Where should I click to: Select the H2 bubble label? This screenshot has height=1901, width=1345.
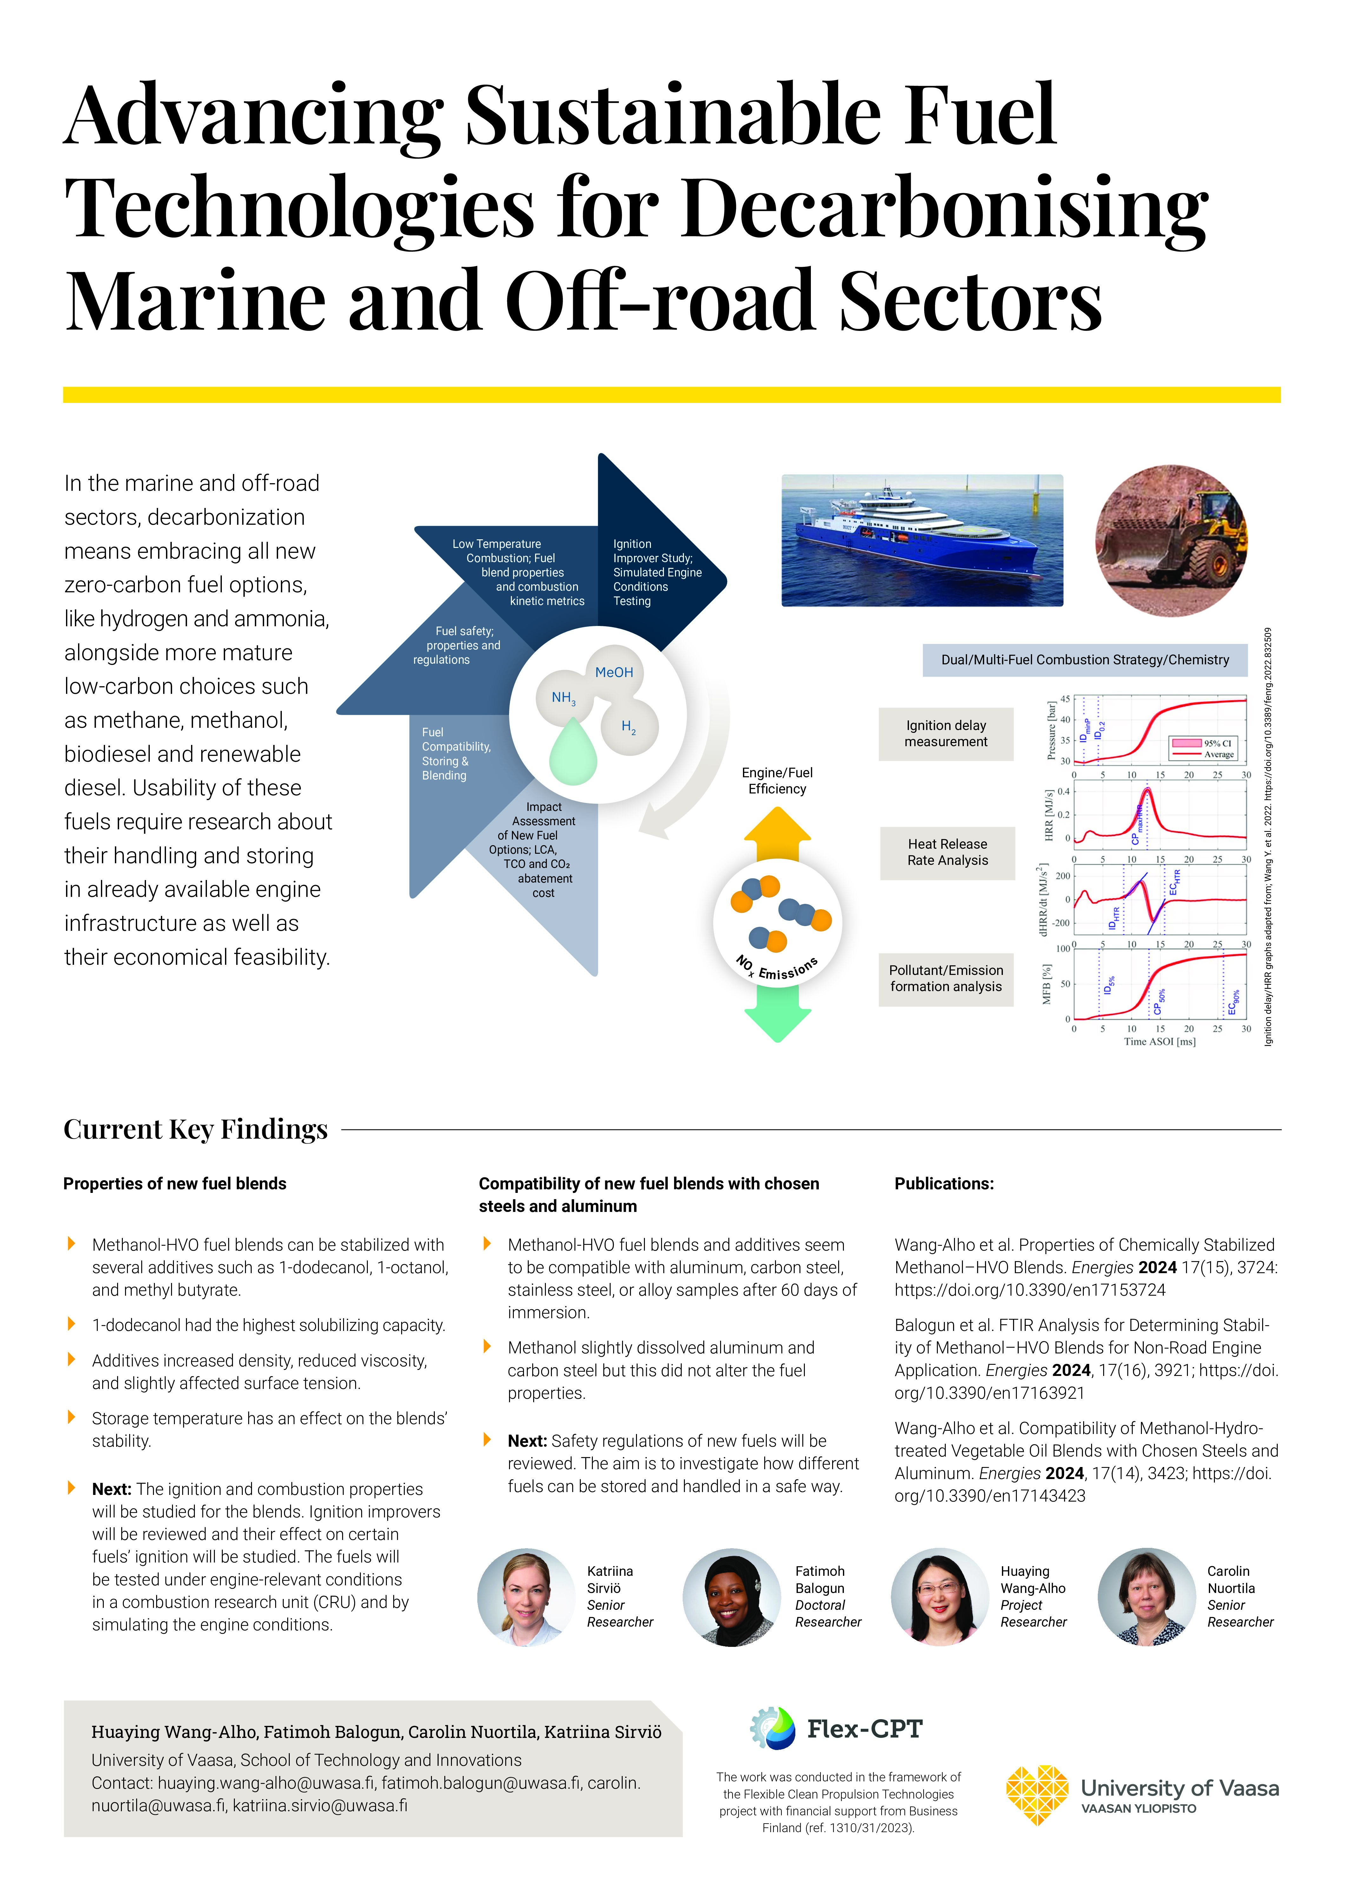pyautogui.click(x=629, y=727)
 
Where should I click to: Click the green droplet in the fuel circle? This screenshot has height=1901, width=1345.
pyautogui.click(x=573, y=752)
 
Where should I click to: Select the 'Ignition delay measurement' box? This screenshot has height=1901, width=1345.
pyautogui.click(x=946, y=733)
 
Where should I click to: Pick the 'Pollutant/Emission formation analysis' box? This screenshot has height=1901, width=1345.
pyautogui.click(x=946, y=979)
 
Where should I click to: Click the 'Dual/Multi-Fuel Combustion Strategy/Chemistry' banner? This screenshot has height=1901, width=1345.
pyautogui.click(x=1085, y=660)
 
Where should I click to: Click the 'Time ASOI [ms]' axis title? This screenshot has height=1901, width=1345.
pyautogui.click(x=1159, y=1042)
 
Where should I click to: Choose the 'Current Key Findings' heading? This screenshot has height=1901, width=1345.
pyautogui.click(x=195, y=1129)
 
